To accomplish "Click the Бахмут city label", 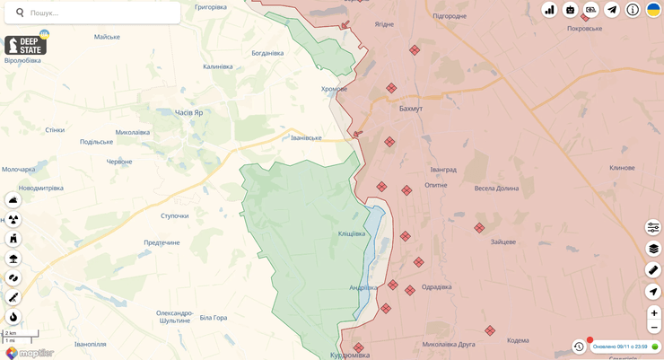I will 410,109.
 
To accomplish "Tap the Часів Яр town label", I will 188,112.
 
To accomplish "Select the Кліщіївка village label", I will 352,233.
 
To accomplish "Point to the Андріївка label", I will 363,287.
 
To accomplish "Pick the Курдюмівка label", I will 349,355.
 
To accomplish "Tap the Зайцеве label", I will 502,241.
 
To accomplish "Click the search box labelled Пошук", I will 99,13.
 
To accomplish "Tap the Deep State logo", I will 25,45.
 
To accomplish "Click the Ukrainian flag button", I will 653,10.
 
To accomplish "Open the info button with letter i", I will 633,10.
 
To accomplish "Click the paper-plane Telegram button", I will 612,10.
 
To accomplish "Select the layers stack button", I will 653,249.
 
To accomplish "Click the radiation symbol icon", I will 13,219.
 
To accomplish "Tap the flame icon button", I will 13,317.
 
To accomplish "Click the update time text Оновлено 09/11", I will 620,347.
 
